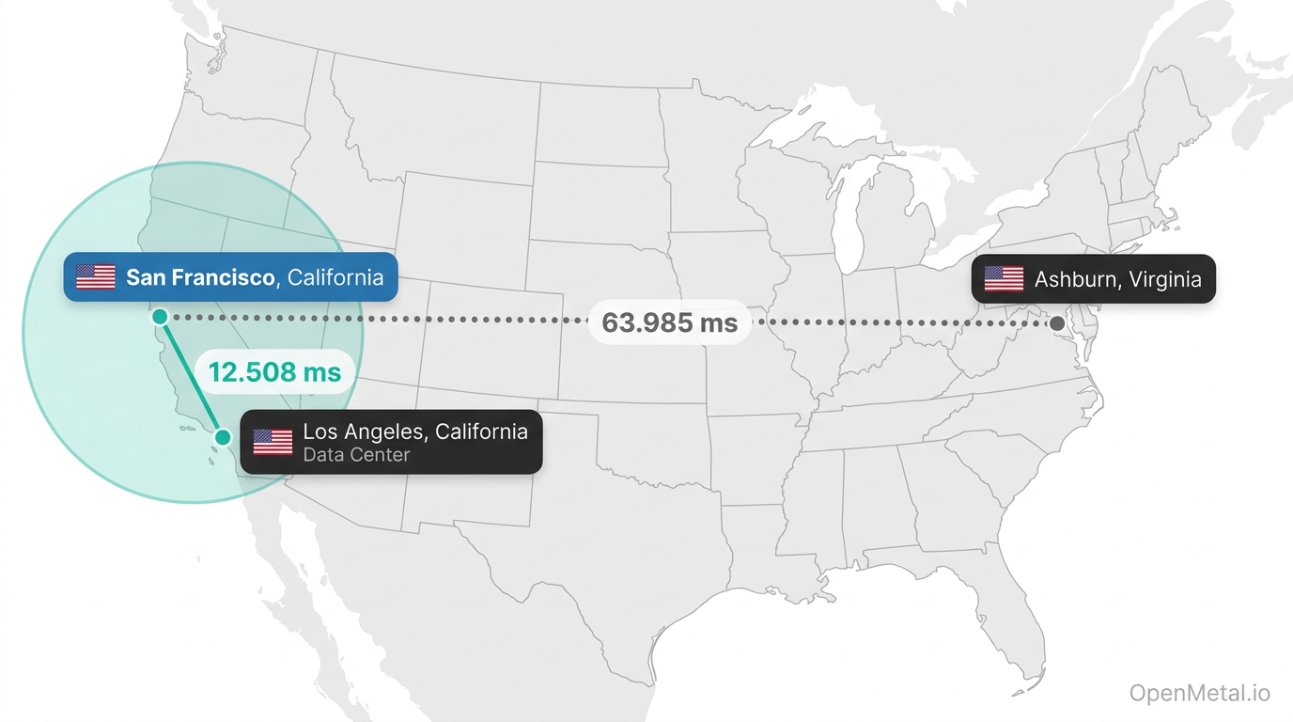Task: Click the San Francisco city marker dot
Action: (x=160, y=317)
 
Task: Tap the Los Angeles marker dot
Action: (x=223, y=437)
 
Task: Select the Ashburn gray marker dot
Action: (x=1057, y=323)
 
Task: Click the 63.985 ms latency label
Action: (x=669, y=322)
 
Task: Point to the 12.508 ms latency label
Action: (x=274, y=372)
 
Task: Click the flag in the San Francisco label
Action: (x=95, y=277)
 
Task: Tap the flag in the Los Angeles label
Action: (x=273, y=442)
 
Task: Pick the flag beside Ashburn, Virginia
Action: (x=1004, y=279)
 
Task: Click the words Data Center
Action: (x=356, y=455)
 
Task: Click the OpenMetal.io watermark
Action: (x=1199, y=694)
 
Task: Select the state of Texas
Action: (x=601, y=564)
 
